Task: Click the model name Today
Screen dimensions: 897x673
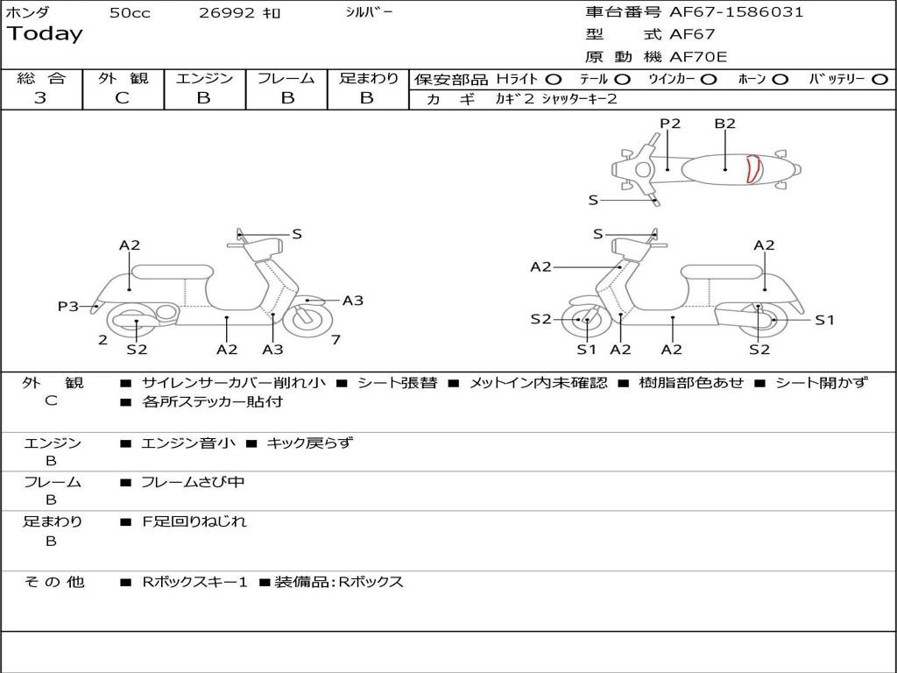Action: tap(45, 34)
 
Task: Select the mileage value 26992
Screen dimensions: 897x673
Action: tap(227, 13)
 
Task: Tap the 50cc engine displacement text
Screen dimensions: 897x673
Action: tap(130, 13)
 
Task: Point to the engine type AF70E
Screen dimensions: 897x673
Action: tap(698, 58)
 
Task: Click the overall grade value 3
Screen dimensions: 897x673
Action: tap(40, 98)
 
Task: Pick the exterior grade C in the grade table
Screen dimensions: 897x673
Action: tap(123, 98)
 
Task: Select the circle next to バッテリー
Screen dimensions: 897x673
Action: tap(880, 80)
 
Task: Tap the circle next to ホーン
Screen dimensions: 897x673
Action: tap(780, 80)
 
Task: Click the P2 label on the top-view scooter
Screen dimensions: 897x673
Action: tap(670, 124)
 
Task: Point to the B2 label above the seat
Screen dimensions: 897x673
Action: tap(724, 124)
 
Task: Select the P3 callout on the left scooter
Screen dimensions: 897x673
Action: tap(68, 306)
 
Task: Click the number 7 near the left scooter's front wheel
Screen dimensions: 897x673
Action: tap(335, 340)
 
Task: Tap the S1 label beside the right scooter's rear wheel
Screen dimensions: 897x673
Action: tap(824, 320)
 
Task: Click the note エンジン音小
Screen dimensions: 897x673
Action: tap(188, 443)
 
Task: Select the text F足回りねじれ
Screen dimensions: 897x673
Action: tap(194, 521)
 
